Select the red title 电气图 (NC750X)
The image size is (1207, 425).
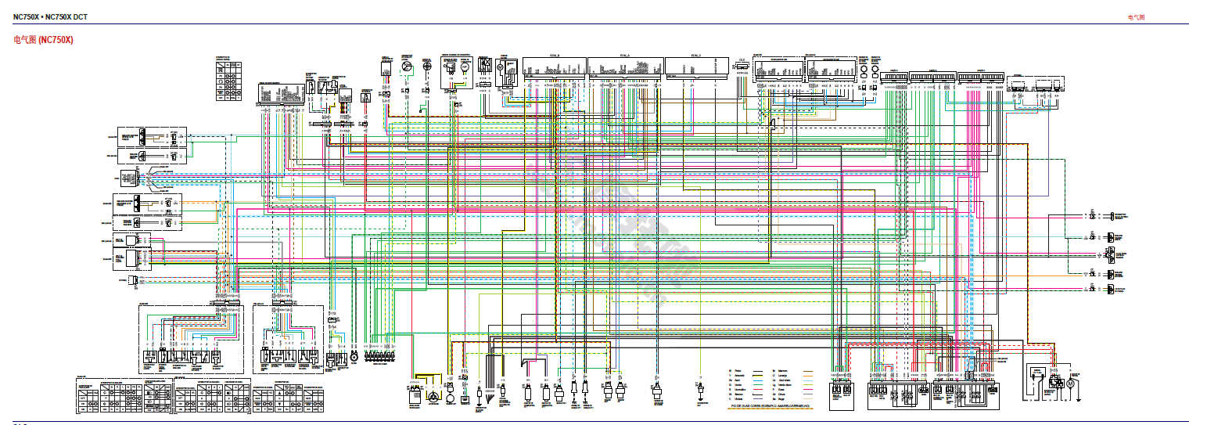(x=43, y=40)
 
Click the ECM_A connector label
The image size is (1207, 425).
(x=624, y=56)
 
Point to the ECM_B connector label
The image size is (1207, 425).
(x=555, y=56)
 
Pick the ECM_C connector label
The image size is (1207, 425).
(x=696, y=56)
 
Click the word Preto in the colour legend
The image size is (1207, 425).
(x=738, y=371)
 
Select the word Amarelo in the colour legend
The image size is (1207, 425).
(x=739, y=376)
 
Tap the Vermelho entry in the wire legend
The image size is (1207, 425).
(x=740, y=390)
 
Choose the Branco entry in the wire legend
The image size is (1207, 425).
(x=738, y=394)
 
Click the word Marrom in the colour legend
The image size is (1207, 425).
(x=783, y=371)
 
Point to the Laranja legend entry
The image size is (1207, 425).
(x=782, y=376)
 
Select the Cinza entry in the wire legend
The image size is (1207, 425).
(x=781, y=394)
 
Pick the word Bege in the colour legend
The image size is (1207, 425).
(x=781, y=399)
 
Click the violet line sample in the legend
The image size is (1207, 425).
(x=758, y=398)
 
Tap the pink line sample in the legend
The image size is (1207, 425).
(x=808, y=389)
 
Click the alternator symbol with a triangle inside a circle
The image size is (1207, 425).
(x=431, y=398)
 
